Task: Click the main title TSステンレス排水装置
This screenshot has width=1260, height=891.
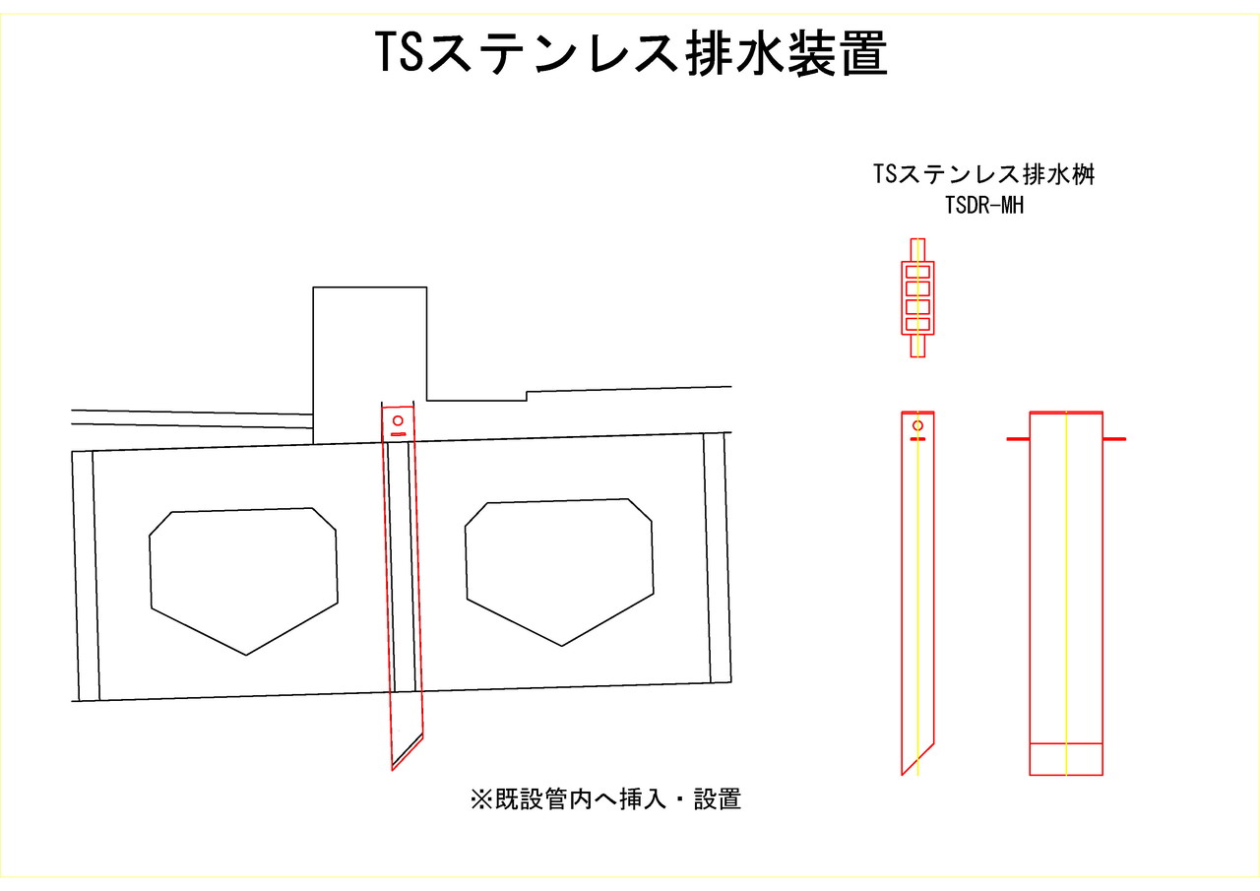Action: click(631, 53)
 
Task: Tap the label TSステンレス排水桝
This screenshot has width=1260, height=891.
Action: click(983, 174)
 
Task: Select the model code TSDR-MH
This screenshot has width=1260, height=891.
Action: click(983, 206)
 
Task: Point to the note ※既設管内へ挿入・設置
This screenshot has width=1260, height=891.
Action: click(605, 799)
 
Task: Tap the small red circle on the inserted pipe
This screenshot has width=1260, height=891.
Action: click(398, 420)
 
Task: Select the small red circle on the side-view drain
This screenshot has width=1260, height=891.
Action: click(917, 425)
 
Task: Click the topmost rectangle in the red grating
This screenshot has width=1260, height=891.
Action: click(917, 273)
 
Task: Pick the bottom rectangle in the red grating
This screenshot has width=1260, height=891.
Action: click(917, 324)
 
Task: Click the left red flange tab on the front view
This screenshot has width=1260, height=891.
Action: click(1018, 439)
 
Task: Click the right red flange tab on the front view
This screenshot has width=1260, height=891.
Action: click(1114, 439)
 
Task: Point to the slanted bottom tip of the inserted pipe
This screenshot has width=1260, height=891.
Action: click(393, 770)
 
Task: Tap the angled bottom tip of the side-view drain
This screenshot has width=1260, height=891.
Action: click(903, 775)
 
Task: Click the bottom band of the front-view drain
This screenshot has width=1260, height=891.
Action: click(1066, 759)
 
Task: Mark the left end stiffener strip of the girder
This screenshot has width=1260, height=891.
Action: click(86, 576)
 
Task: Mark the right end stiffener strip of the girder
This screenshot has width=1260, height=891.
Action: click(718, 558)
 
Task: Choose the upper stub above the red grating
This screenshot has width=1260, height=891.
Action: click(917, 250)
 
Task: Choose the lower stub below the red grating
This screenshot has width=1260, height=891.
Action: click(917, 346)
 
